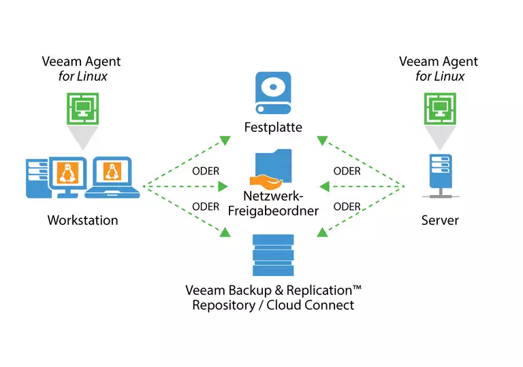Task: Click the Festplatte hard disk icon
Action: (273, 94)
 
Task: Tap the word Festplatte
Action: (273, 127)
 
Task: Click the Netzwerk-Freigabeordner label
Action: (273, 203)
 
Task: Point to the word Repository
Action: (221, 305)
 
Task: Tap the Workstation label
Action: (82, 220)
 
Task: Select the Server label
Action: (440, 220)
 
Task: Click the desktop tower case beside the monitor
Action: (37, 177)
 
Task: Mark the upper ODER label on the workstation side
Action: (206, 171)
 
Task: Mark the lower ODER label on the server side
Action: (347, 207)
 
